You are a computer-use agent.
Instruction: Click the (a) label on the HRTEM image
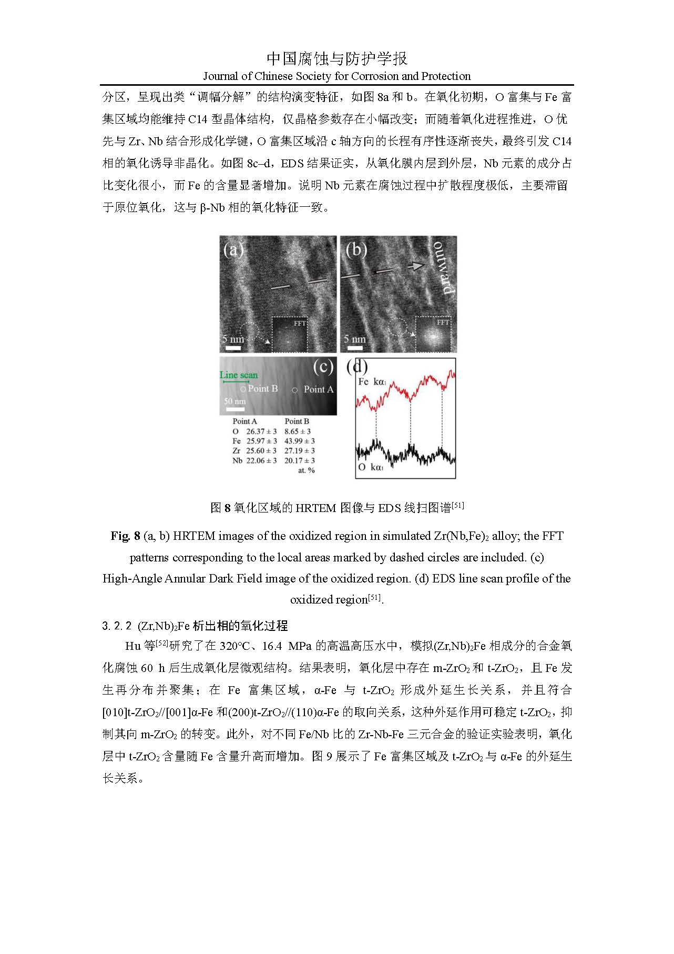pyautogui.click(x=233, y=249)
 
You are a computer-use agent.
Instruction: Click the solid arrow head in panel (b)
pyautogui.click(x=416, y=266)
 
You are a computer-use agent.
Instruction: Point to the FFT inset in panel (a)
pyautogui.click(x=290, y=334)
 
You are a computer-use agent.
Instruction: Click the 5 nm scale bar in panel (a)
pyautogui.click(x=233, y=348)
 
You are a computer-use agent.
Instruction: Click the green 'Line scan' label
pyautogui.click(x=239, y=375)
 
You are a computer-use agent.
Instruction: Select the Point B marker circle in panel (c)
pyautogui.click(x=243, y=389)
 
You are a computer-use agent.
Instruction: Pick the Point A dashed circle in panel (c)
pyautogui.click(x=294, y=390)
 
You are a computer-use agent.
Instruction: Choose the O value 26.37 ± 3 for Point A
pyautogui.click(x=261, y=431)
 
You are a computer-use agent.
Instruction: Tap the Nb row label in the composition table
pyautogui.click(x=237, y=460)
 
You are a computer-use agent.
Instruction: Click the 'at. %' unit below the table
pyautogui.click(x=306, y=470)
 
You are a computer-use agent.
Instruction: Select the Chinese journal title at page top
pyautogui.click(x=336, y=58)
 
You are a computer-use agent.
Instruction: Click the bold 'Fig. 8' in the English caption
pyautogui.click(x=125, y=536)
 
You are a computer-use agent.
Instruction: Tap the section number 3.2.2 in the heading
pyautogui.click(x=117, y=626)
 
